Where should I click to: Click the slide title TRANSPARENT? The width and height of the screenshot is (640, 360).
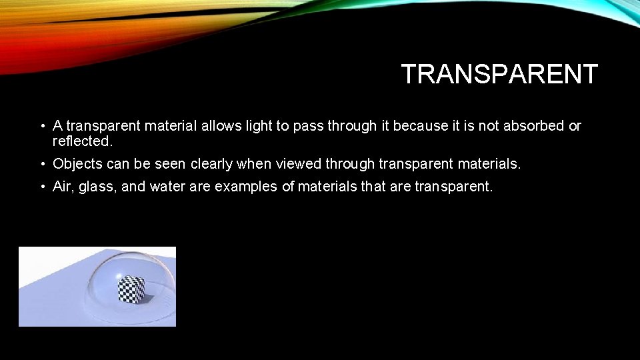[499, 74]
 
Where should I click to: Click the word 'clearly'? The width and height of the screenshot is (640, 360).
[212, 164]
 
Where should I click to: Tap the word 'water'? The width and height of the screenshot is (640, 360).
[167, 187]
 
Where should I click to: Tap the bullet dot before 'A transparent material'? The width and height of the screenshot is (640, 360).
[41, 126]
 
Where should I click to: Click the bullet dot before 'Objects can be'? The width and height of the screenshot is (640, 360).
[41, 164]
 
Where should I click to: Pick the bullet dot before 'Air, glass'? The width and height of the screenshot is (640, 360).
[41, 187]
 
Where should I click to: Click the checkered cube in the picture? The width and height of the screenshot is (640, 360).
[131, 289]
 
